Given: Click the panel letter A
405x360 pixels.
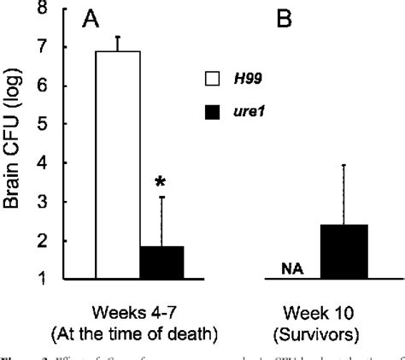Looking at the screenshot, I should pyautogui.click(x=90, y=22).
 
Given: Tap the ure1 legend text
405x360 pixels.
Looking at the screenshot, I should pyautogui.click(x=249, y=109).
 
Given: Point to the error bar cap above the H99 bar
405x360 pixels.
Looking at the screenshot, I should pyautogui.click(x=118, y=36).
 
